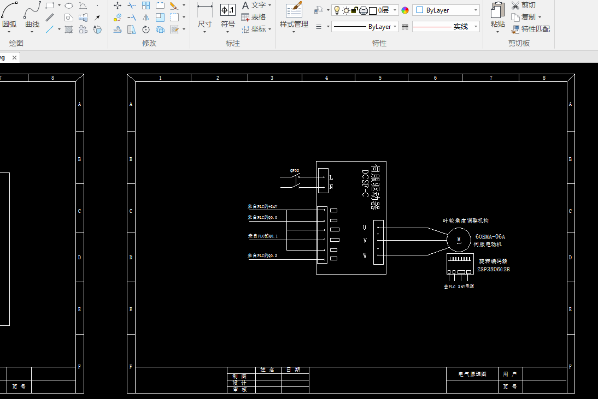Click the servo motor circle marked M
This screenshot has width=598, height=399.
pyautogui.click(x=459, y=240)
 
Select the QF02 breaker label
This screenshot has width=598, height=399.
pyautogui.click(x=295, y=171)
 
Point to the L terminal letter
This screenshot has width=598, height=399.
pyautogui.click(x=331, y=177)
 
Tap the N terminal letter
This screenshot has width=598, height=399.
pyautogui.click(x=331, y=187)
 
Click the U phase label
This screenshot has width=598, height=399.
pyautogui.click(x=365, y=227)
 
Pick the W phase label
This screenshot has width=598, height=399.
pyautogui.click(x=365, y=255)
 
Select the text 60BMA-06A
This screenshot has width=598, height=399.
pyautogui.click(x=490, y=236)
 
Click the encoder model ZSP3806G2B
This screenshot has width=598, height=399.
pyautogui.click(x=494, y=269)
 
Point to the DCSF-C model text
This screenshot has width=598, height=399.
pyautogui.click(x=365, y=182)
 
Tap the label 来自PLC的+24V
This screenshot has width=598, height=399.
pyautogui.click(x=263, y=207)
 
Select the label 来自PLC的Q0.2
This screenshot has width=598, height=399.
pyautogui.click(x=262, y=255)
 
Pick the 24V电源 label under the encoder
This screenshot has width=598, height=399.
pyautogui.click(x=466, y=286)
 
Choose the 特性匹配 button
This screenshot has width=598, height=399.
pyautogui.click(x=531, y=29)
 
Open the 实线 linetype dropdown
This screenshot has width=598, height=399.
pyautogui.click(x=445, y=26)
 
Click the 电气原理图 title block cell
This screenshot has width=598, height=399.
pyautogui.click(x=472, y=374)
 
